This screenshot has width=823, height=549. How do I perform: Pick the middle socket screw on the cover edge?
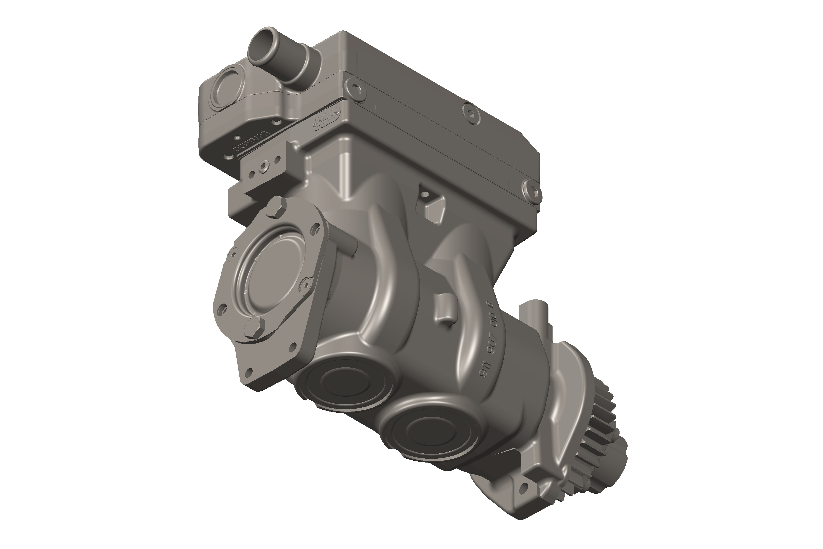click(471, 114)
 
